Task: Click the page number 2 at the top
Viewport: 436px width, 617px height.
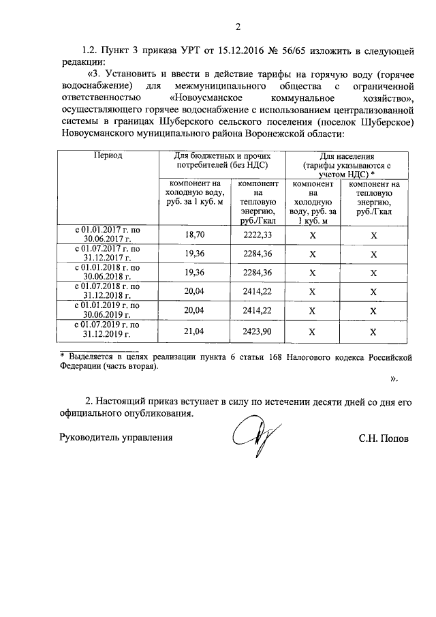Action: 238,27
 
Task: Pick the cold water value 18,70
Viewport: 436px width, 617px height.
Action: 195,235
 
